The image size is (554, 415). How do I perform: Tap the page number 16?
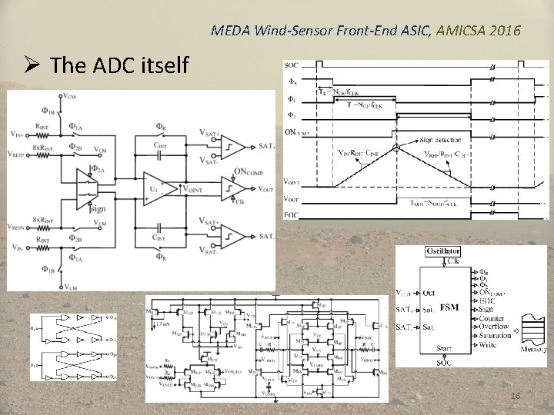(x=516, y=395)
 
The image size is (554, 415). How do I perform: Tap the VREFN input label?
(x=20, y=227)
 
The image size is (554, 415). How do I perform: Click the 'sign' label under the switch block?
(x=98, y=207)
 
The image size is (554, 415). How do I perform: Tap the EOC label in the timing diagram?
(x=292, y=214)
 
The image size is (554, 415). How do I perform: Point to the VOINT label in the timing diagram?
(x=292, y=182)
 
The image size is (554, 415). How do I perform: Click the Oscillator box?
(x=443, y=251)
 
